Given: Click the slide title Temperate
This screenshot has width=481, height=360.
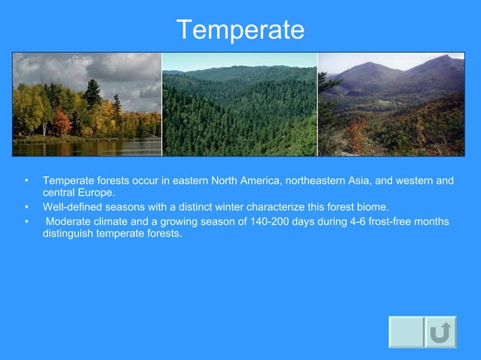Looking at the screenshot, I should click(240, 30).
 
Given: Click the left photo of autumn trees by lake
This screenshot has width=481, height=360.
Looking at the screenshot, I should click(87, 104).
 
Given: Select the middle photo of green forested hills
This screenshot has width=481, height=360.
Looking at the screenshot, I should click(240, 104).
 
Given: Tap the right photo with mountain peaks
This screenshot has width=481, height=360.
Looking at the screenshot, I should click(391, 104).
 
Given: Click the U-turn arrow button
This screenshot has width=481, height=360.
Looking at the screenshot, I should click(440, 332).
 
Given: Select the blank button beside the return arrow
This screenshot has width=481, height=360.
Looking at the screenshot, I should click(406, 332).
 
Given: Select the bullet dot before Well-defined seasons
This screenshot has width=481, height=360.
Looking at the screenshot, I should click(26, 207).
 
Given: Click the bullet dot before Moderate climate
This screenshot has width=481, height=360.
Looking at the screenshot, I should click(26, 222).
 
